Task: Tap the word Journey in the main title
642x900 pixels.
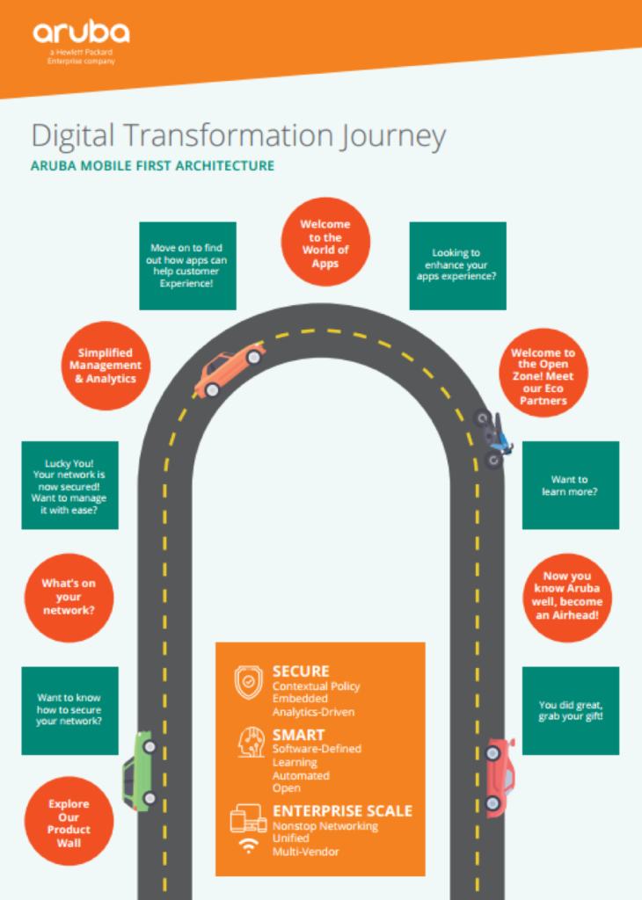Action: pyautogui.click(x=393, y=136)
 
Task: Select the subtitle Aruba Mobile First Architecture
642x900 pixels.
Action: pyautogui.click(x=152, y=165)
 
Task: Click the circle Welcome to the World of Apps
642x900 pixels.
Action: pyautogui.click(x=325, y=243)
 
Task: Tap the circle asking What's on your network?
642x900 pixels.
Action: pyautogui.click(x=69, y=597)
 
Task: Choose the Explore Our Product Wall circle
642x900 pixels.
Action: pyautogui.click(x=69, y=823)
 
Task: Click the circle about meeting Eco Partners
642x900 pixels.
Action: pyautogui.click(x=543, y=377)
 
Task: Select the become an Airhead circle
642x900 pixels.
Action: pyautogui.click(x=566, y=596)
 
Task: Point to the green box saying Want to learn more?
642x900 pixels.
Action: pyautogui.click(x=570, y=485)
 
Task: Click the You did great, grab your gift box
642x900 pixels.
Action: pyautogui.click(x=570, y=710)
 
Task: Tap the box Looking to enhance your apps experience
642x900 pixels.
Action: pyautogui.click(x=457, y=265)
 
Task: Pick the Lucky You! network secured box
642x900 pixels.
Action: pyautogui.click(x=69, y=484)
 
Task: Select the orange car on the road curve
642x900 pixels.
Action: pyautogui.click(x=230, y=369)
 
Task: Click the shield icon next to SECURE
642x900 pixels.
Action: pyautogui.click(x=249, y=682)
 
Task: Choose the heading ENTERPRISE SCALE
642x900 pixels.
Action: pyautogui.click(x=342, y=810)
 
